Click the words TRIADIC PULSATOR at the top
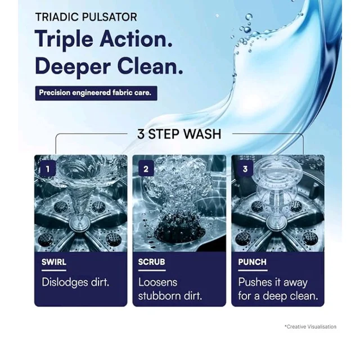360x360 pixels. tap(86, 17)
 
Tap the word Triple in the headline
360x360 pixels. tap(64, 40)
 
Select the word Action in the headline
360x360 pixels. tap(136, 39)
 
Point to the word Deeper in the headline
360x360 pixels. tap(73, 67)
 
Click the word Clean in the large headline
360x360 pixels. tap(150, 66)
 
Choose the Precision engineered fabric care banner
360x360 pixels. tap(96, 93)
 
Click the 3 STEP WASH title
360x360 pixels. tap(179, 134)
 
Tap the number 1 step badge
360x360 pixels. tap(48, 169)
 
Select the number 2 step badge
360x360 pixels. tap(146, 169)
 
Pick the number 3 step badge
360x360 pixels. tap(245, 169)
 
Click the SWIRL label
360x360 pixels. tap(54, 262)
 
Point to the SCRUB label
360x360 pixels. tap(151, 262)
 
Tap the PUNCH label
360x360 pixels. tap(253, 262)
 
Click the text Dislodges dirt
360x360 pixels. tap(75, 282)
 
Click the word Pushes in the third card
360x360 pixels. tap(255, 282)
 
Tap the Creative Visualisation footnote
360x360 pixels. tap(310, 326)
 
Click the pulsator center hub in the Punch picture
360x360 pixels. tap(276, 223)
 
